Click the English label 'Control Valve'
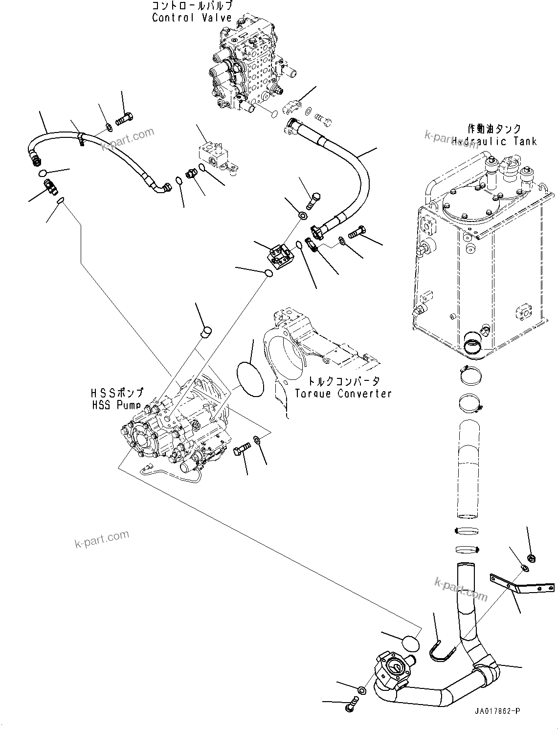click(192, 18)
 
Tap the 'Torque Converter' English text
click(343, 393)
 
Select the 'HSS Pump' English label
click(116, 405)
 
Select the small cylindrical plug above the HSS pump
click(206, 332)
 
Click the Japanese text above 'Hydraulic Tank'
click(494, 129)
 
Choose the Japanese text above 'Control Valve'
click(192, 6)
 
